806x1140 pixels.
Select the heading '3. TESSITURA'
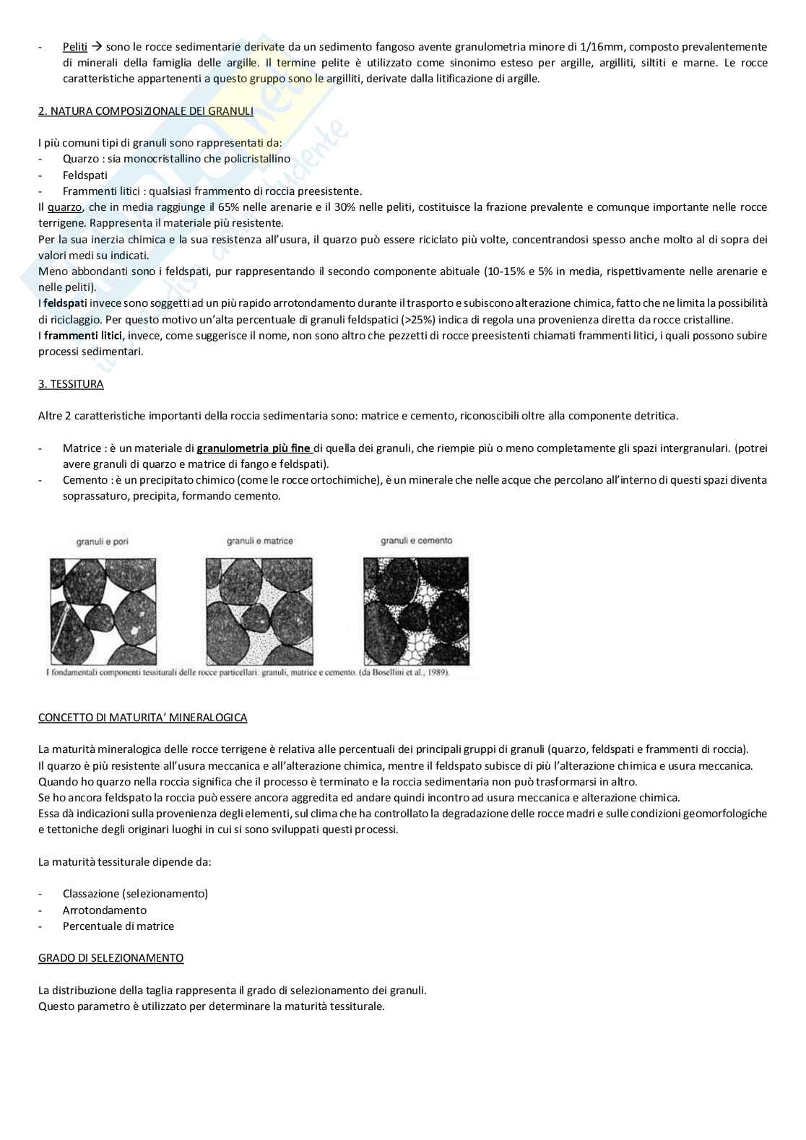[x=71, y=384]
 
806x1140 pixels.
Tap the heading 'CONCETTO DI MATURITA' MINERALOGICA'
[x=142, y=718]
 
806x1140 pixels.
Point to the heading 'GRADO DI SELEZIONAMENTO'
[x=110, y=958]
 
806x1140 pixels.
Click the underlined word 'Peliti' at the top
[x=75, y=47]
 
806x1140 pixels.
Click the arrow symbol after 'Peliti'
[x=96, y=47]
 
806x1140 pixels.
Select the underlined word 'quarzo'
[x=65, y=207]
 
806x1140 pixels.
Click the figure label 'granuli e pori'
[x=102, y=541]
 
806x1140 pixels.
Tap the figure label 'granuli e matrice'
[x=259, y=541]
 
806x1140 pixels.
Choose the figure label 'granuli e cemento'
[x=417, y=540]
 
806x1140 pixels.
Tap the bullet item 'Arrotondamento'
[x=104, y=910]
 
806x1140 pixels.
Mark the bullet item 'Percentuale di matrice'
[x=118, y=926]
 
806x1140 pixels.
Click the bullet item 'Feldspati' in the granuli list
[x=85, y=175]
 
